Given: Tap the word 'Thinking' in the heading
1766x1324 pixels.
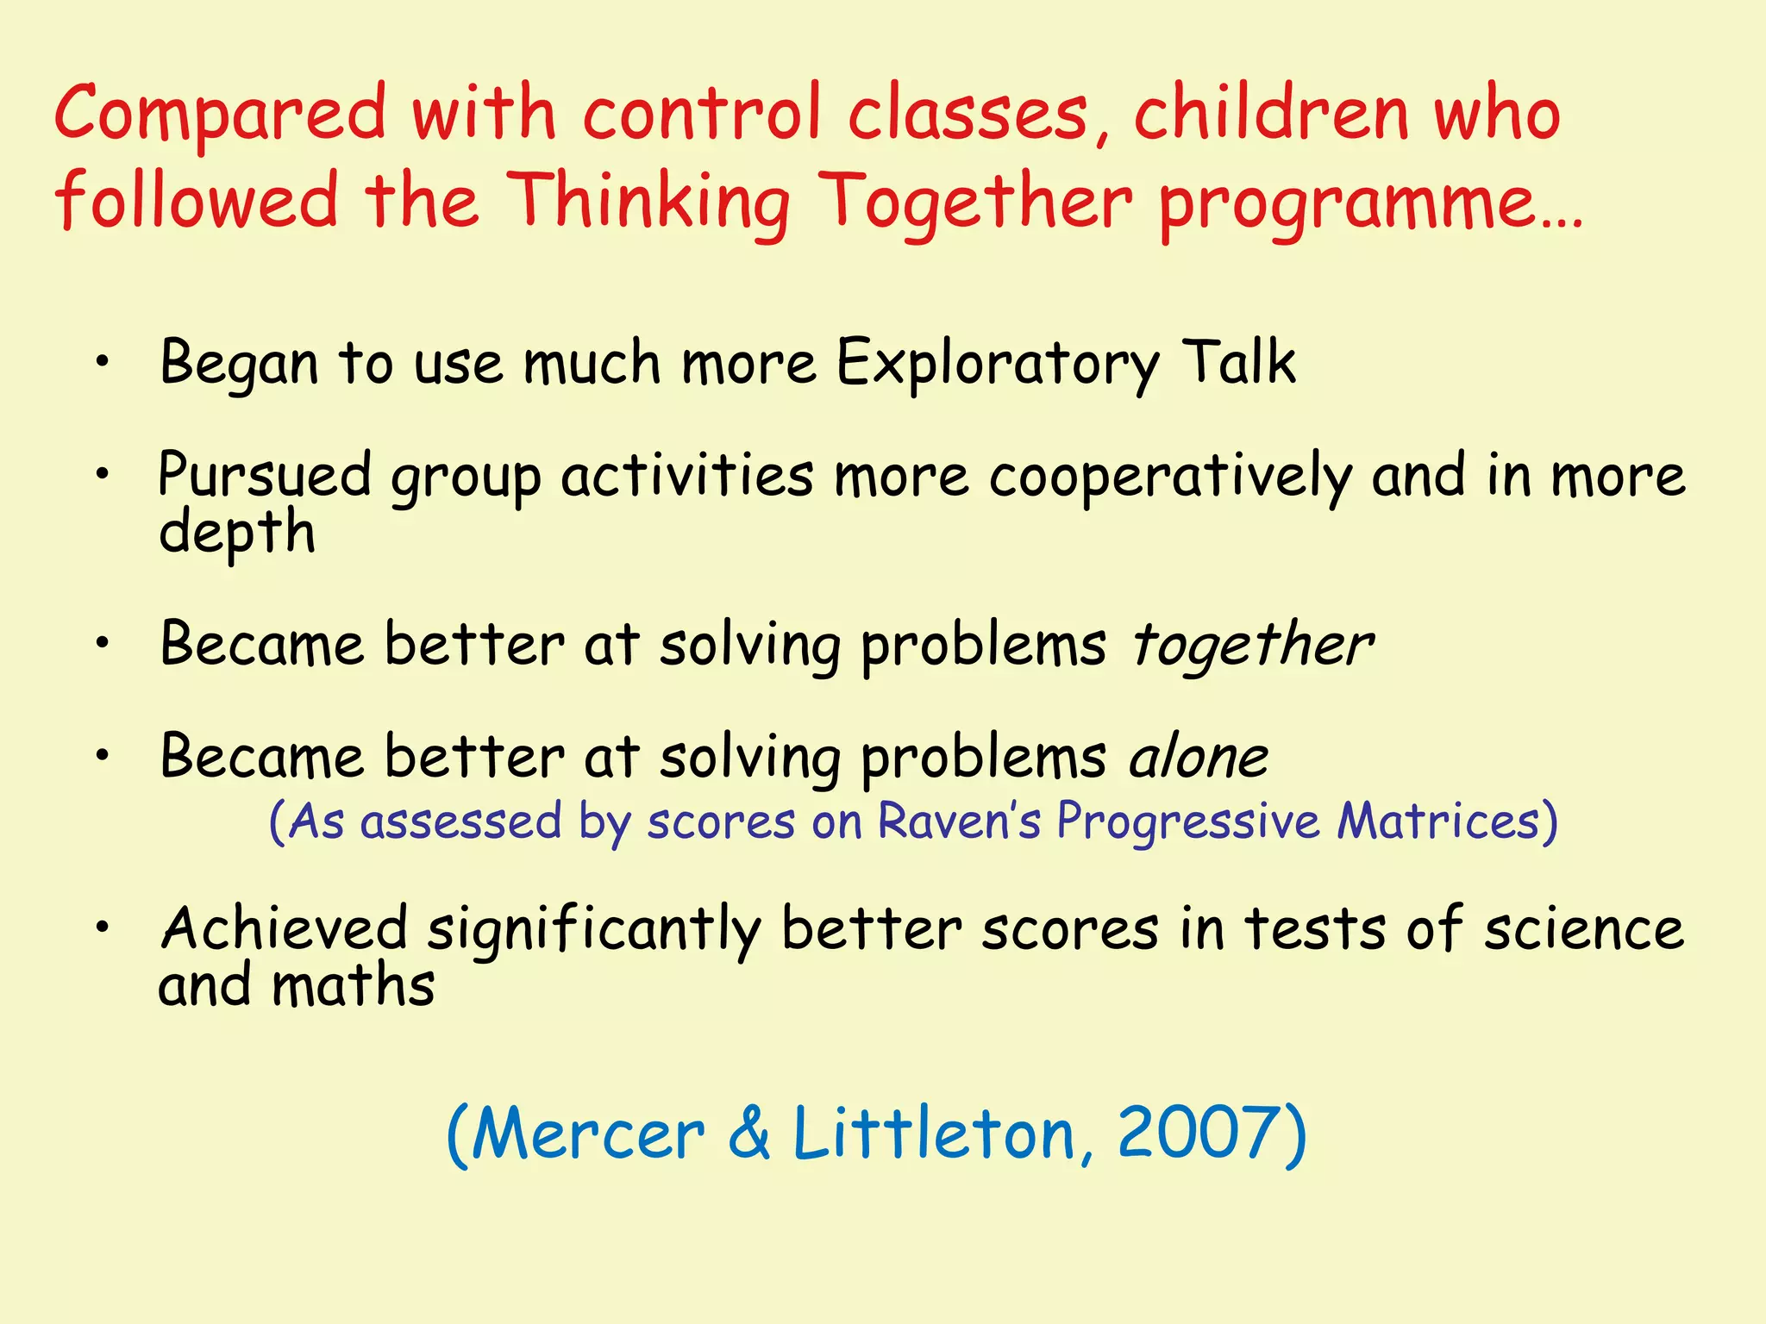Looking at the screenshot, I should point(648,203).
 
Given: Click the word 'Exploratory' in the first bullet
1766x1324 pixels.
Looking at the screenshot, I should point(998,364).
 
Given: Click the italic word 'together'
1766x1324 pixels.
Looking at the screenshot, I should point(1251,646).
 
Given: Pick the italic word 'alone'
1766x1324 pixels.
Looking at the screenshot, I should point(1199,759).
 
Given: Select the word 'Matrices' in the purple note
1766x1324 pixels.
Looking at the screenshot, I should point(1438,821).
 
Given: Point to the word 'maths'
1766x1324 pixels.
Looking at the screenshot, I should point(354,986).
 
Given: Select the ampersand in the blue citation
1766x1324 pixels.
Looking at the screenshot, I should point(748,1134).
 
